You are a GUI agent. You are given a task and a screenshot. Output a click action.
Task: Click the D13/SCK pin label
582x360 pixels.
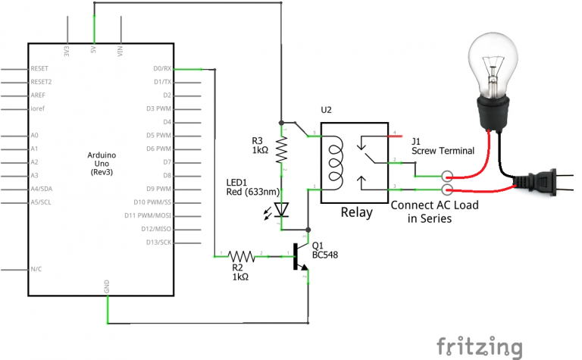(x=160, y=243)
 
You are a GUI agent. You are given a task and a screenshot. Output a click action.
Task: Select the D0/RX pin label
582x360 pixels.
(x=162, y=68)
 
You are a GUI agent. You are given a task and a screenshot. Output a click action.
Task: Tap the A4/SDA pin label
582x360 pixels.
(x=42, y=189)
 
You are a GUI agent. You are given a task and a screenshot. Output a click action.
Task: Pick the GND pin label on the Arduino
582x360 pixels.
(x=108, y=287)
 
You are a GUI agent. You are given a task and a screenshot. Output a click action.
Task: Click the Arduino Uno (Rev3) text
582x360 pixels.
(x=105, y=162)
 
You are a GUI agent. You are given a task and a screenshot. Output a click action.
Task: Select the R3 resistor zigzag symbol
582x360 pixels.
(x=282, y=150)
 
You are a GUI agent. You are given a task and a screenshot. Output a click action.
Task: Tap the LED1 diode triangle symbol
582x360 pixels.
(x=282, y=209)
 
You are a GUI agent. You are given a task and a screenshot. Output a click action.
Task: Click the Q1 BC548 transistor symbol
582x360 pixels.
(x=303, y=258)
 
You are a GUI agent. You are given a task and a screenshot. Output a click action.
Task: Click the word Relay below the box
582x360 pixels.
(x=355, y=212)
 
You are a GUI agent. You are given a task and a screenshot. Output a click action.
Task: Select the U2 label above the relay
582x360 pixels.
(x=326, y=110)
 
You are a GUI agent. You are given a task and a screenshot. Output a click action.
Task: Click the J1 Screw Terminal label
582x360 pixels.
(x=443, y=146)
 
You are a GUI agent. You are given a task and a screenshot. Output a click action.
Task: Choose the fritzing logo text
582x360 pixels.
(x=480, y=345)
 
